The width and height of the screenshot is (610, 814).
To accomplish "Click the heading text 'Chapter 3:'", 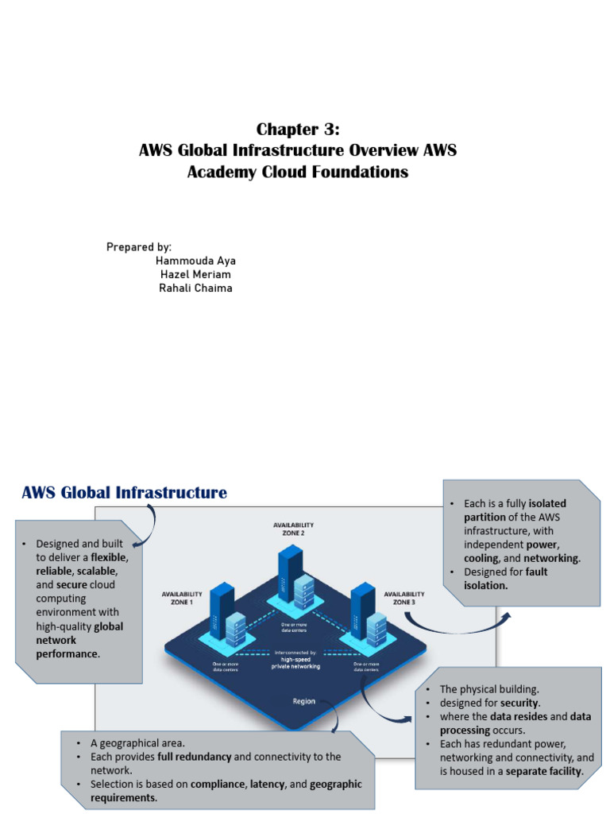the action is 298,130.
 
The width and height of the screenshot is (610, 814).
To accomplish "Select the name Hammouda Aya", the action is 195,261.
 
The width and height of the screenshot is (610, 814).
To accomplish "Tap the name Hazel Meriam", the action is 195,274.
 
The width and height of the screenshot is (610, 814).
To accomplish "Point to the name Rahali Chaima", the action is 195,288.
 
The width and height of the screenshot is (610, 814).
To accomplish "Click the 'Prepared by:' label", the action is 139,247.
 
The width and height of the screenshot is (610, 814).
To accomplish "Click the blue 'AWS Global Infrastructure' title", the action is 124,493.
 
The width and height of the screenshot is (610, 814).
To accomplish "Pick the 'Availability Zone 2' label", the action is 293,529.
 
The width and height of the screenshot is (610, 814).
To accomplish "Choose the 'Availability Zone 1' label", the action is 183,598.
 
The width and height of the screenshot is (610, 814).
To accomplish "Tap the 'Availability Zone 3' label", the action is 404,598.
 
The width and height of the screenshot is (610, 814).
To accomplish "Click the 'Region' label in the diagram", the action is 303,702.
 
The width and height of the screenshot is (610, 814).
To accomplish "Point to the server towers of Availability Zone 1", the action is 224,624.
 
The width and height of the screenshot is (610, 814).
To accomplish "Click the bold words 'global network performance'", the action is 79,640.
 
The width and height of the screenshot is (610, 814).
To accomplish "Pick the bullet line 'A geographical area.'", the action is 137,743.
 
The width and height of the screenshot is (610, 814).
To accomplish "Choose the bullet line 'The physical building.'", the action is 488,689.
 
